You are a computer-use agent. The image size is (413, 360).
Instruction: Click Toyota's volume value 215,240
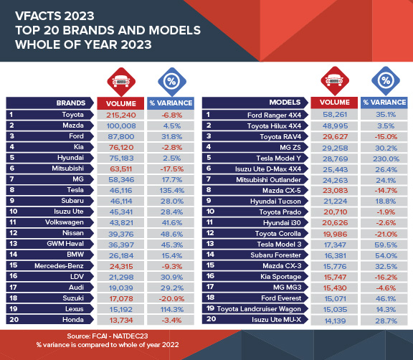(120, 114)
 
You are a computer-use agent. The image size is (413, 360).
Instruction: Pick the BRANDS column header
(71, 103)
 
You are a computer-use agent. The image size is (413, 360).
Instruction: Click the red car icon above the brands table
(120, 80)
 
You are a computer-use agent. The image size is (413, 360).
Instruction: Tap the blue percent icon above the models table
(386, 80)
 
